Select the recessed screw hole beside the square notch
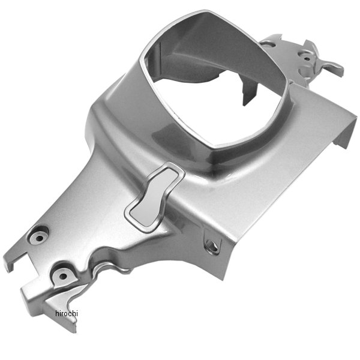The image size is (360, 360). [x=40, y=238]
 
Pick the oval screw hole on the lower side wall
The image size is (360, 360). [x=211, y=245]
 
